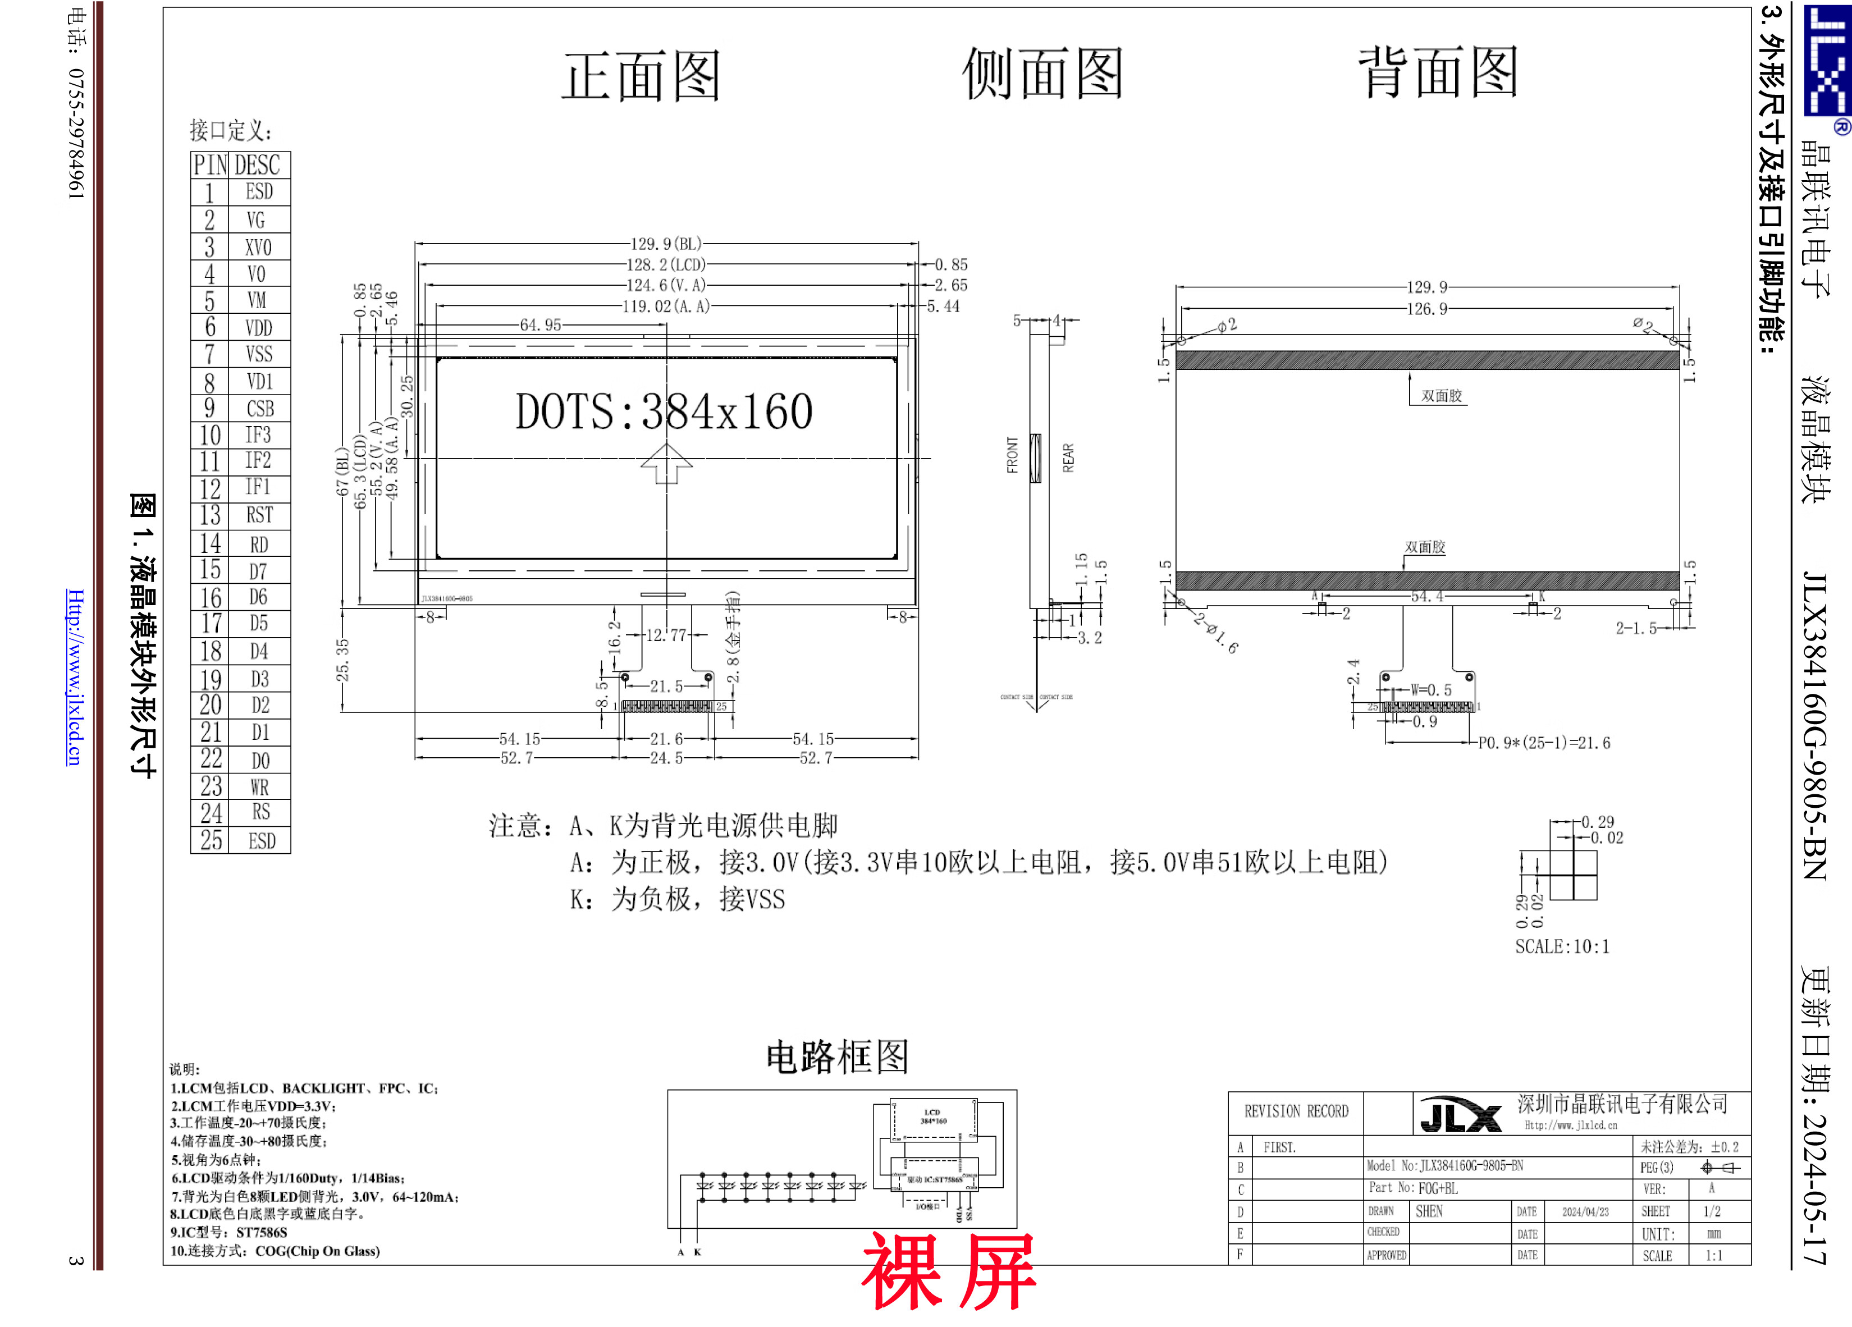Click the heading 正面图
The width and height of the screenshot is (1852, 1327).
[641, 76]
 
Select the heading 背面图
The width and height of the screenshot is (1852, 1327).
[1438, 72]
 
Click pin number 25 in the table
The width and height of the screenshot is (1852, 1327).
[211, 840]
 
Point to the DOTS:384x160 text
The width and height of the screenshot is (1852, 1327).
[664, 411]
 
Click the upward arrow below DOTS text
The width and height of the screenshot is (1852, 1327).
[666, 463]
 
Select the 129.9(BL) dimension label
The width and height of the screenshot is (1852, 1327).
[665, 244]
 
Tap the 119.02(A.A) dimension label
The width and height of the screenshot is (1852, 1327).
[665, 306]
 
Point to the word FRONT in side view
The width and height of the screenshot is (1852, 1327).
[1013, 455]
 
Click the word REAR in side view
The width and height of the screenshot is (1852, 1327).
[1068, 457]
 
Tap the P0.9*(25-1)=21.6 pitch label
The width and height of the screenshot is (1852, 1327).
[1544, 743]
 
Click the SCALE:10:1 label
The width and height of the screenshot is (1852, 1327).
[1562, 946]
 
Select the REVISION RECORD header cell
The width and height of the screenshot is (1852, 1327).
[1296, 1111]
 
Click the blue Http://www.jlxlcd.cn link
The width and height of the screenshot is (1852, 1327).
[74, 677]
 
